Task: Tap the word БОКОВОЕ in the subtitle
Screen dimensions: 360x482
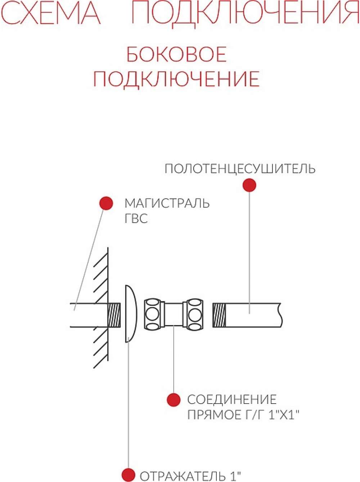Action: click(176, 54)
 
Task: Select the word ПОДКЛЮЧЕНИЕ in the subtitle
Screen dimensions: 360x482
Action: click(176, 79)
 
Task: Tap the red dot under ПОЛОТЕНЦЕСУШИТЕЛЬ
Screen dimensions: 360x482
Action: click(249, 185)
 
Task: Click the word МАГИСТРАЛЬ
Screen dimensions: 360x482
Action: click(167, 203)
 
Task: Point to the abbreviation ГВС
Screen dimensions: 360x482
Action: click(136, 219)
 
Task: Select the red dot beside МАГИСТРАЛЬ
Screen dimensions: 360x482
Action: click(106, 203)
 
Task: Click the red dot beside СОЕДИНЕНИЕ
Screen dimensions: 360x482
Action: click(174, 400)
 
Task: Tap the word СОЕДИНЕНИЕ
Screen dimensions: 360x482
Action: click(231, 399)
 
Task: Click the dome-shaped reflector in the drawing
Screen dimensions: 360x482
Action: click(131, 314)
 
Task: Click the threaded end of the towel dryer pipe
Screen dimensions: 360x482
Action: click(219, 315)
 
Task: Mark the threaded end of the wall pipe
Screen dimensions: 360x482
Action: click(114, 315)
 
